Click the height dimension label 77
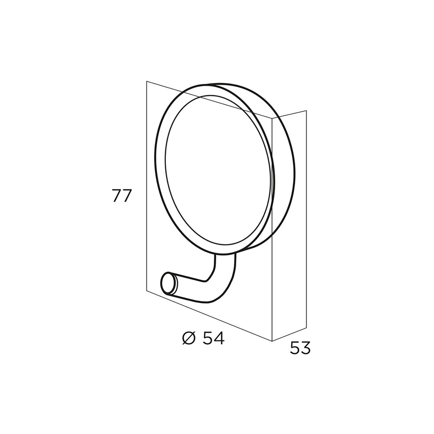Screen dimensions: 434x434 [122, 196]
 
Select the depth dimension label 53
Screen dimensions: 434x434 [300, 348]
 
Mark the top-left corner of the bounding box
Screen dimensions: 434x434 [147, 81]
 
